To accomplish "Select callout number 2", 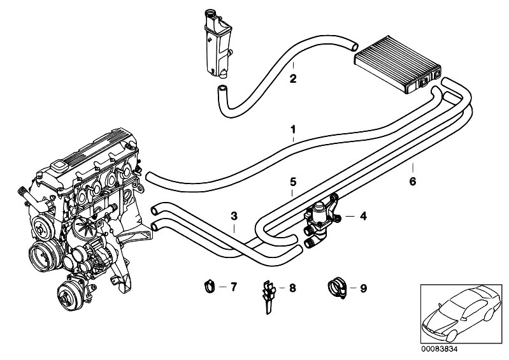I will [x=292, y=80].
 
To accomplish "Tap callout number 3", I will [x=234, y=216].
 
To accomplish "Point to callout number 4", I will [x=363, y=217].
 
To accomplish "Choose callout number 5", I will [x=292, y=182].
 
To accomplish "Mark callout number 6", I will [x=412, y=182].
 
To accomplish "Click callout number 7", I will [x=233, y=287].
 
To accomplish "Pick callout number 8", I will [x=292, y=288].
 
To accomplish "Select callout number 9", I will [x=363, y=288].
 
